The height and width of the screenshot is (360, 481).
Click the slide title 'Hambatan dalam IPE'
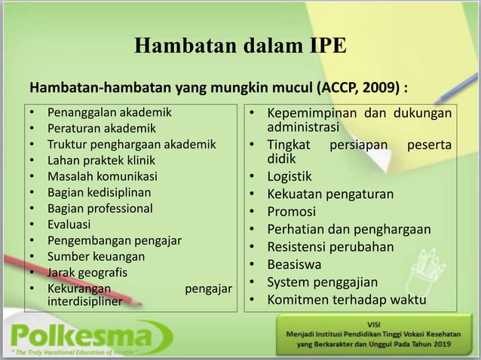pos(240,45)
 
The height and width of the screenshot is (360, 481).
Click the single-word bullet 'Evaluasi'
pos(69,224)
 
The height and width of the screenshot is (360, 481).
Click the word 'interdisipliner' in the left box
pos(85,301)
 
